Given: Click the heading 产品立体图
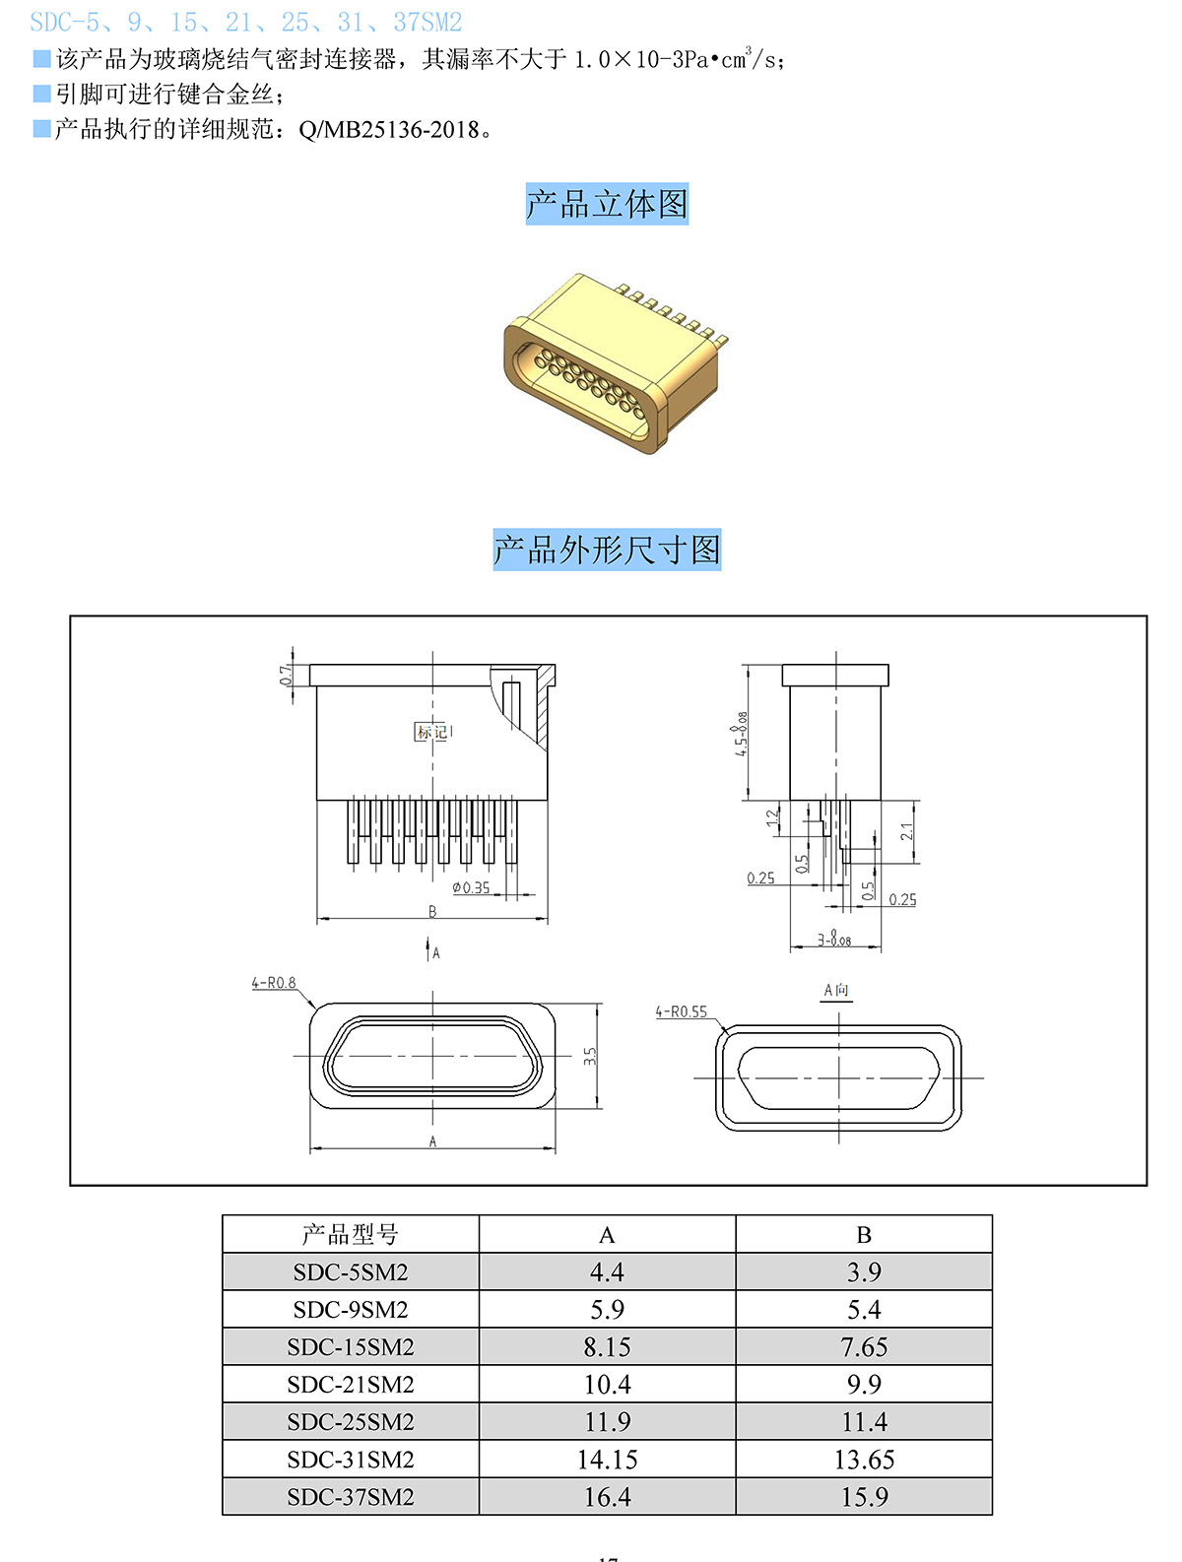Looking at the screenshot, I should pyautogui.click(x=607, y=204).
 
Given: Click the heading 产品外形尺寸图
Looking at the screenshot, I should pyautogui.click(x=607, y=550).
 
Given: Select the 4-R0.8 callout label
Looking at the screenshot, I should pyautogui.click(x=273, y=983).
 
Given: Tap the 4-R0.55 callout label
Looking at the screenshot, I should pyautogui.click(x=682, y=1011).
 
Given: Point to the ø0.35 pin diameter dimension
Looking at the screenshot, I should pyautogui.click(x=471, y=887).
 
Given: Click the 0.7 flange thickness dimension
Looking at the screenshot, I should pyautogui.click(x=286, y=676).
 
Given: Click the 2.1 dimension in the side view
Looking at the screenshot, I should pyautogui.click(x=907, y=831).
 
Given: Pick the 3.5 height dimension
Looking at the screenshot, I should pyautogui.click(x=589, y=1056).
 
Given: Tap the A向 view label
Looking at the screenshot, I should pyautogui.click(x=836, y=990).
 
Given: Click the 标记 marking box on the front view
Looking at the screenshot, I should pyautogui.click(x=431, y=732).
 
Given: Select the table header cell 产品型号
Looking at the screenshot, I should pyautogui.click(x=351, y=1234).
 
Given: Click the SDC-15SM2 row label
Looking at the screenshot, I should pyautogui.click(x=351, y=1346).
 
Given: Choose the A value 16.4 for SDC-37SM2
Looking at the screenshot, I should pyautogui.click(x=607, y=1497).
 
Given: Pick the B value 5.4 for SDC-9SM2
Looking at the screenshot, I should pyautogui.click(x=864, y=1310).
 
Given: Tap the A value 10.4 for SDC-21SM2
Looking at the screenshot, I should pyautogui.click(x=607, y=1385).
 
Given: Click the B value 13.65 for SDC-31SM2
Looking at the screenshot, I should pyautogui.click(x=864, y=1460).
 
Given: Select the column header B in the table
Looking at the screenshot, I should pyautogui.click(x=864, y=1235).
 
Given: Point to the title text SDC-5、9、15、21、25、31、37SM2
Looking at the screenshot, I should pyautogui.click(x=246, y=22).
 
